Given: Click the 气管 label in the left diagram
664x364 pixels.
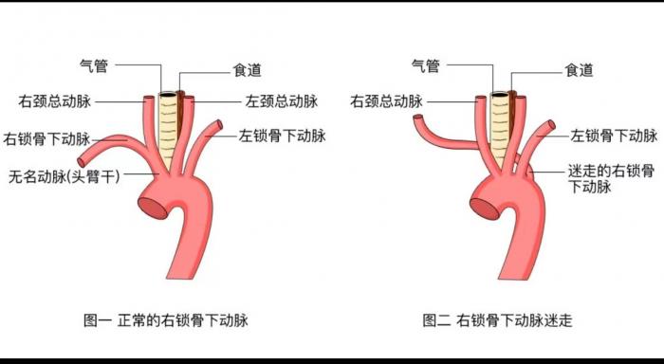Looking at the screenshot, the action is tap(94, 64).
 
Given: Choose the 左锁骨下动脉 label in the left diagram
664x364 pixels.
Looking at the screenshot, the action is tap(283, 136).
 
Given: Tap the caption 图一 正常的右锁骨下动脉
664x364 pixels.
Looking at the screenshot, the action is tap(166, 320).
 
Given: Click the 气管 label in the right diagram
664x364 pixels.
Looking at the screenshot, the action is tap(425, 64).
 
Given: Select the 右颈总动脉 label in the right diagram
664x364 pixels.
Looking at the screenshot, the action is tap(388, 100).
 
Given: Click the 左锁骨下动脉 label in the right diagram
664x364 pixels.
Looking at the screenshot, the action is tap(614, 136).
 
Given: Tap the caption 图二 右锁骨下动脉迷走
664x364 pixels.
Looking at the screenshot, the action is tap(498, 320).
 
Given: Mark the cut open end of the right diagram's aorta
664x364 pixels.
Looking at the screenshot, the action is tap(484, 202).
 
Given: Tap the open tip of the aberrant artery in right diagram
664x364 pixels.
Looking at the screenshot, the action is tap(416, 119).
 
